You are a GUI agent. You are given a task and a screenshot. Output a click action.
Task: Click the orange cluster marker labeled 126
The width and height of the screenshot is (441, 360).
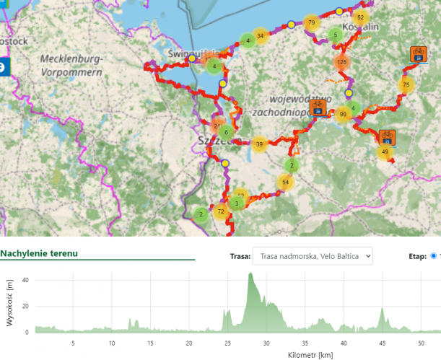pos(342,63)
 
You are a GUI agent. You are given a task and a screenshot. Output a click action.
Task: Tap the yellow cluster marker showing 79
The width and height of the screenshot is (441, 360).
pos(311,23)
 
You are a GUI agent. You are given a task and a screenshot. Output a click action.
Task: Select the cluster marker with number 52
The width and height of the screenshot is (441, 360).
pos(361,17)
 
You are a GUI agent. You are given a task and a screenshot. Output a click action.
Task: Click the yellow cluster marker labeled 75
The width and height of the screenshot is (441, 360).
pos(406,85)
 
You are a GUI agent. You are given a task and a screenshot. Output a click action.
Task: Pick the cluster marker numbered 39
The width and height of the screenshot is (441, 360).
pos(260,144)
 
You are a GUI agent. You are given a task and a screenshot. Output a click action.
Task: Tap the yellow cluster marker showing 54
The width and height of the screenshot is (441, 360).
pos(286,182)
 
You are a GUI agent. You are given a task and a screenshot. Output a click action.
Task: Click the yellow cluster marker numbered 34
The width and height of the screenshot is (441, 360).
pos(261,35)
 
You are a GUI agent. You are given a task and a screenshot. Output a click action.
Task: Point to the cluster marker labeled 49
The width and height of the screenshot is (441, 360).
pos(385,152)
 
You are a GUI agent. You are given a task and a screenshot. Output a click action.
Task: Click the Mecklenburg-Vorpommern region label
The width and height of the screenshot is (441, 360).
pos(73,64)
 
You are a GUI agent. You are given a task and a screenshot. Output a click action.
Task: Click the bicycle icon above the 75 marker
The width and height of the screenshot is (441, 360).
pos(418,54)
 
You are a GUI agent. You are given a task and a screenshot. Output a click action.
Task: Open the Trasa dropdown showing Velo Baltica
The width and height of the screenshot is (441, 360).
pos(313,255)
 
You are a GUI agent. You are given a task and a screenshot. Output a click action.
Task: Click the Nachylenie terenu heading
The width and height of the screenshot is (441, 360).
pos(39,254)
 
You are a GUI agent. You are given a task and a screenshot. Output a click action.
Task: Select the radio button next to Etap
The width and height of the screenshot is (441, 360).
pos(433,255)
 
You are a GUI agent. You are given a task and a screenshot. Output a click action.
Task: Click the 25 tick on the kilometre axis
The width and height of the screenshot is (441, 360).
pos(228,343)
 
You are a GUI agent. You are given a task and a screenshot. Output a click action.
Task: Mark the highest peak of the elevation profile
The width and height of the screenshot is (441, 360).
pos(250,273)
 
